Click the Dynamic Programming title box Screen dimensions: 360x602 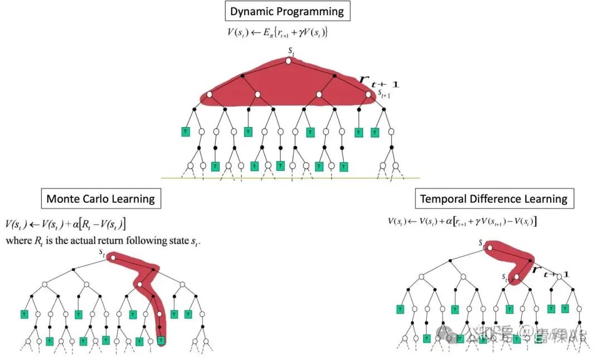(x=288, y=11)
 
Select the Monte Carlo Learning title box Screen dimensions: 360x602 (x=100, y=198)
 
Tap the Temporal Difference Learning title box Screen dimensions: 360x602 (x=493, y=198)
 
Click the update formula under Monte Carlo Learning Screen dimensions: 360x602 (x=66, y=225)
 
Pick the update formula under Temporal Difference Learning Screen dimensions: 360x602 (x=462, y=221)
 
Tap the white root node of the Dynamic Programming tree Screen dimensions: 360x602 (x=289, y=61)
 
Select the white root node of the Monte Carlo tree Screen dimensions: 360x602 (x=113, y=258)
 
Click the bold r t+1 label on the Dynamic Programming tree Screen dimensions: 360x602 (x=379, y=83)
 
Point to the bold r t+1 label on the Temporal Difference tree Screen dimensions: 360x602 (x=551, y=273)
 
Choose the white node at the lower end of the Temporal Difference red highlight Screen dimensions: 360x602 (x=517, y=276)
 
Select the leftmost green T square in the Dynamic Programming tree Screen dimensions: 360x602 (x=185, y=132)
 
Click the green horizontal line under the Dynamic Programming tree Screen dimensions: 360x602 (x=290, y=178)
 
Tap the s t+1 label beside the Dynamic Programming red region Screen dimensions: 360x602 (x=384, y=95)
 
